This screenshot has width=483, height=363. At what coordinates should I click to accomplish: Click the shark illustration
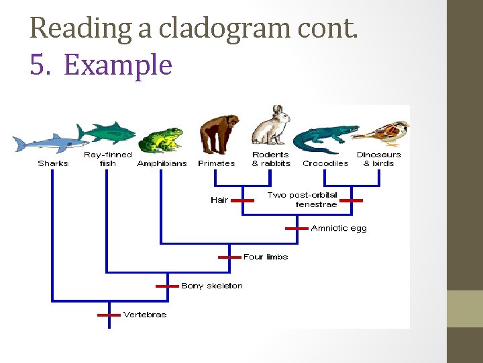[50, 143]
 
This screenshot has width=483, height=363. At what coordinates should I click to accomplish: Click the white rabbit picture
[272, 126]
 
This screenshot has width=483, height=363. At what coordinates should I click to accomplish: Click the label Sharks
[53, 163]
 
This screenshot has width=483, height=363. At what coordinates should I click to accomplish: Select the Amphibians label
[162, 163]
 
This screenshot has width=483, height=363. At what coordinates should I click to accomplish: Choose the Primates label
[217, 163]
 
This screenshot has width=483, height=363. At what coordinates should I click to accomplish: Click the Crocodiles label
[325, 163]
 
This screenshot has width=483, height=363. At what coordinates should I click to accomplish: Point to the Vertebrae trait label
[145, 315]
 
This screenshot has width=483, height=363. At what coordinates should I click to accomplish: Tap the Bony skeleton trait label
[212, 286]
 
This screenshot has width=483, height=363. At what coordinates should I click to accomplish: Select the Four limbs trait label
[266, 257]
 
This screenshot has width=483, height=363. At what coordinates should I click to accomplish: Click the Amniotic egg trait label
[339, 229]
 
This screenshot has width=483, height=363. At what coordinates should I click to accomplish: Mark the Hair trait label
[219, 200]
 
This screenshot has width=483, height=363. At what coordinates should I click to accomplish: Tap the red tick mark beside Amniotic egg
[297, 229]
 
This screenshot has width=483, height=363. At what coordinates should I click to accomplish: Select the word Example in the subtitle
[117, 65]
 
